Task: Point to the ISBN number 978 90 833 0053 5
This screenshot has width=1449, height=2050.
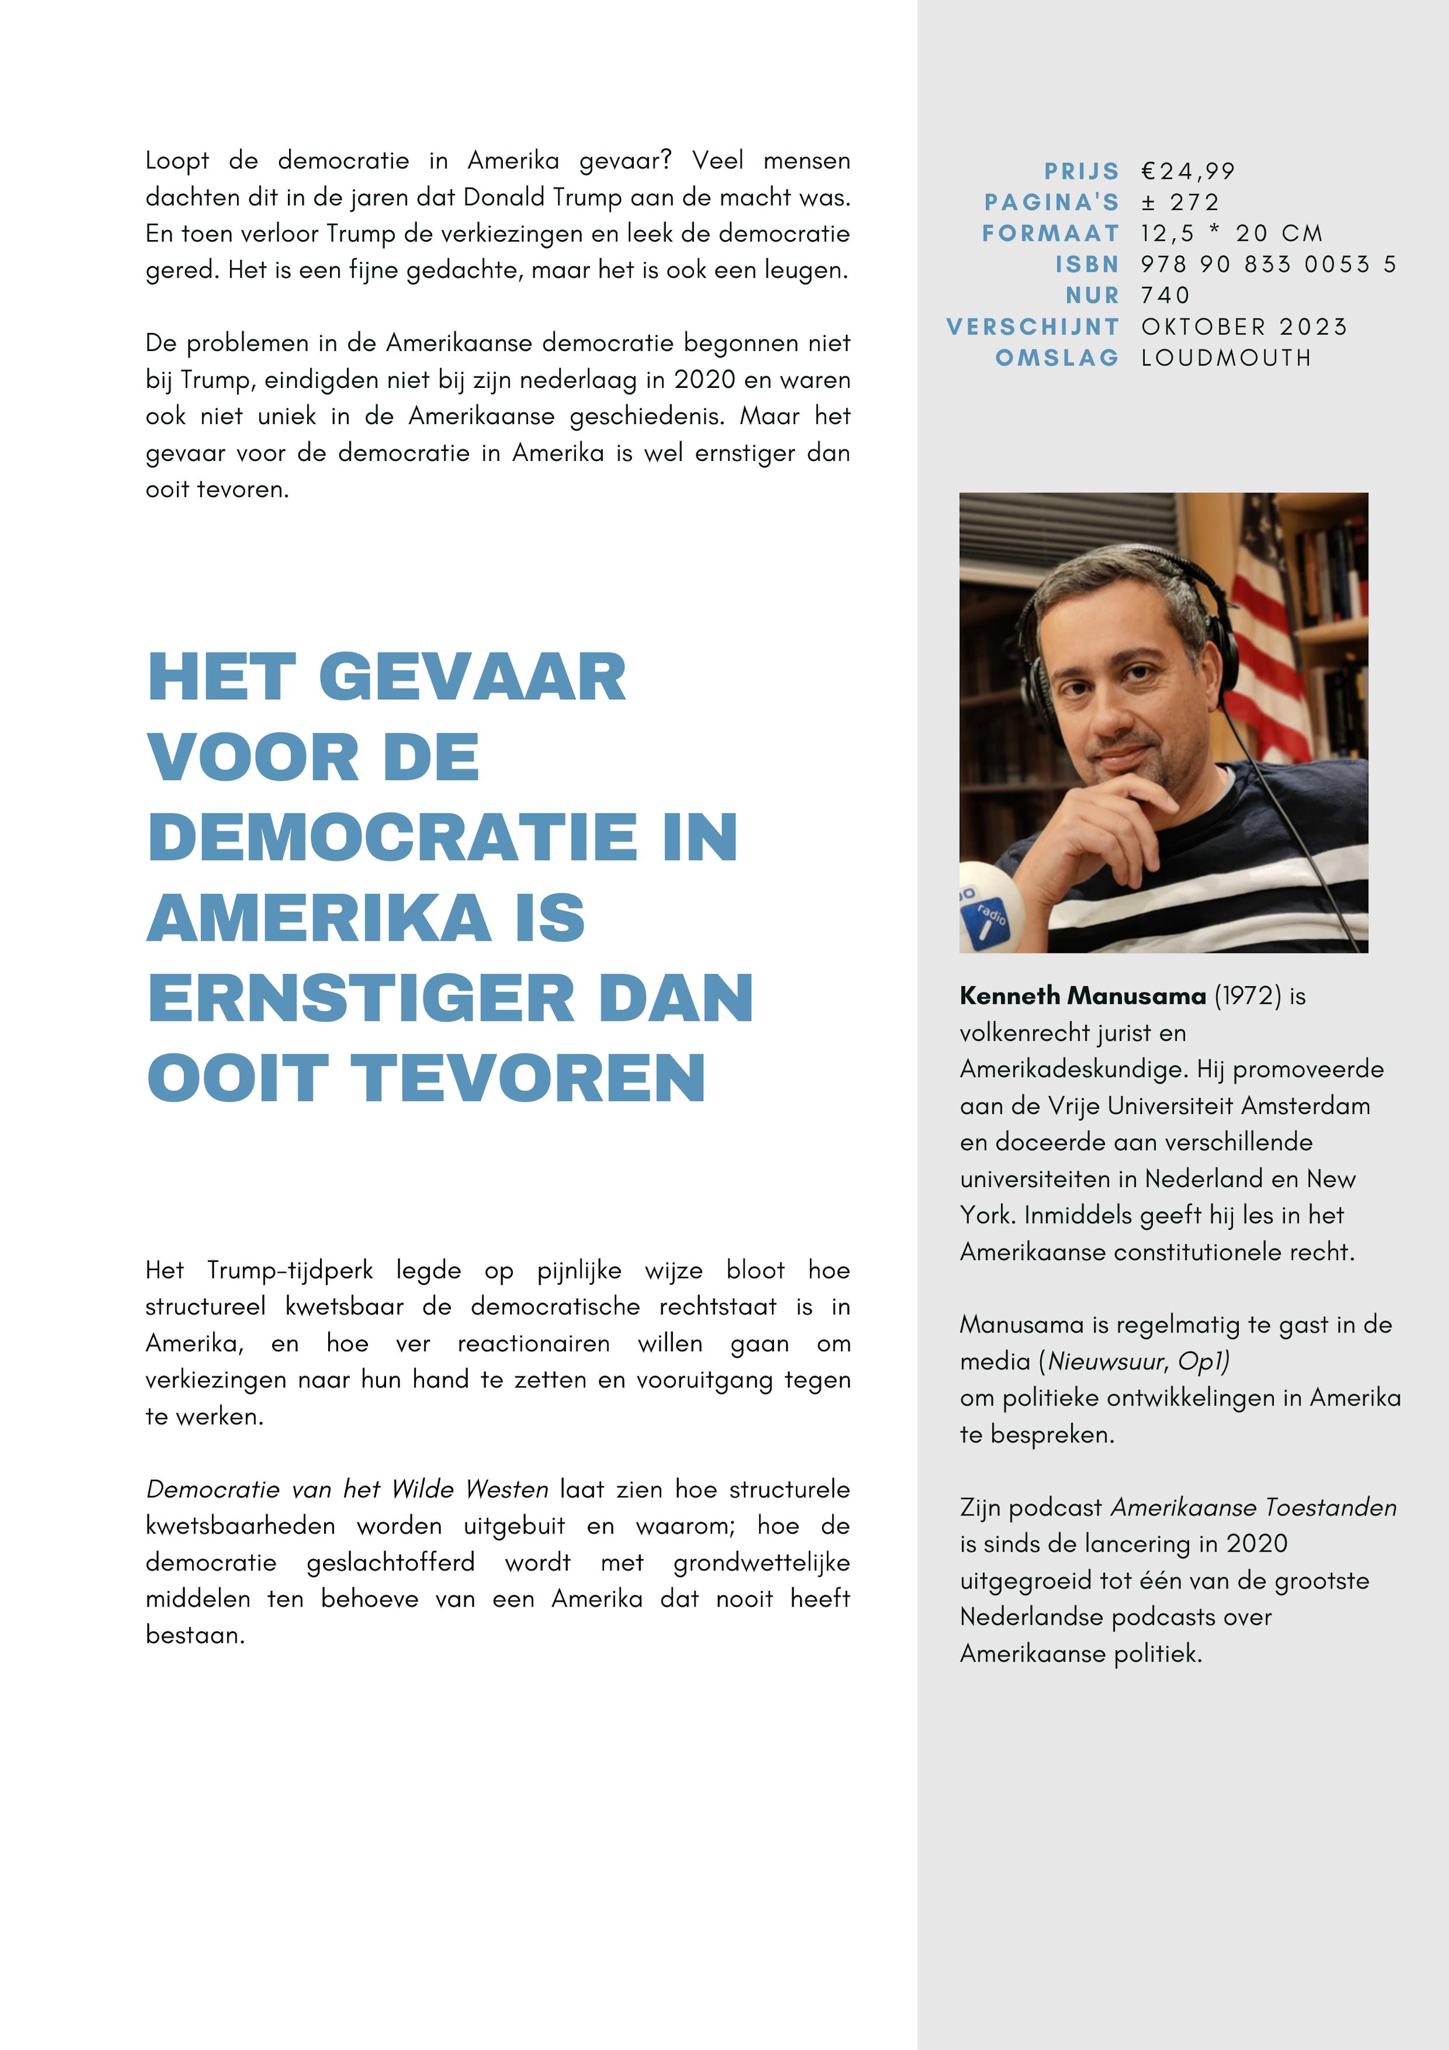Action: point(1268,264)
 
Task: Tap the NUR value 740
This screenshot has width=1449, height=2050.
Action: point(1165,296)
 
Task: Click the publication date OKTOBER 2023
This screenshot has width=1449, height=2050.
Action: point(1243,327)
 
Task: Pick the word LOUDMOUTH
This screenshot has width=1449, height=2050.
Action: point(1226,358)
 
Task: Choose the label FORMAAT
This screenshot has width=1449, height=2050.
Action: point(1050,234)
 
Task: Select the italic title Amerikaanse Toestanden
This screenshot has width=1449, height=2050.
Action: point(1253,1508)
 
